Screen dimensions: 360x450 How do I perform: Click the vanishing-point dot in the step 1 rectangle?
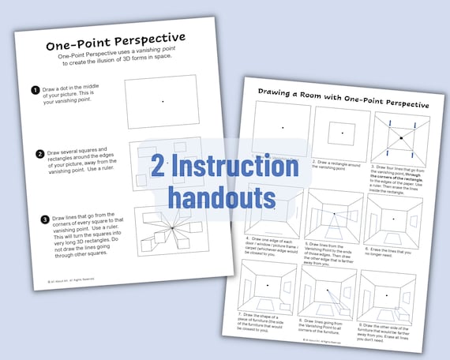pos(163,101)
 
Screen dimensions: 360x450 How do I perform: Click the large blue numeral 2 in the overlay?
pos(159,168)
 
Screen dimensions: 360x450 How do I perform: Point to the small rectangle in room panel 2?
pos(342,132)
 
